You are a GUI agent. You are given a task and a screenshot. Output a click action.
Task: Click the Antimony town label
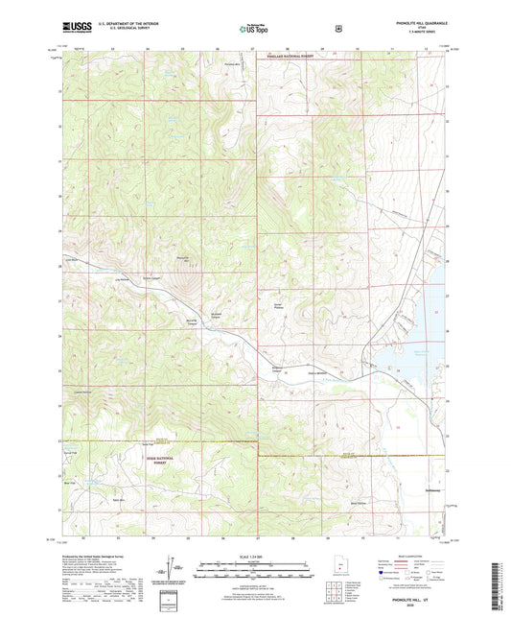(431, 488)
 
